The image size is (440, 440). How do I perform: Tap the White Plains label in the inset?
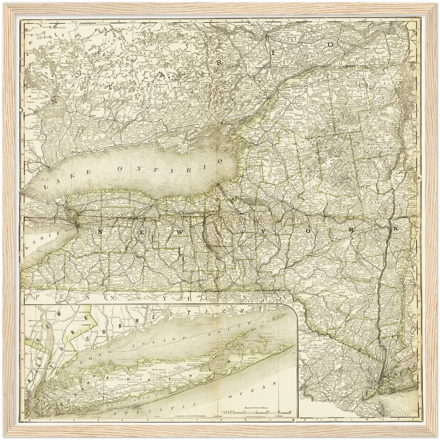coord(70,350)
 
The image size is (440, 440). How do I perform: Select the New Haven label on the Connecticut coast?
coord(156,309)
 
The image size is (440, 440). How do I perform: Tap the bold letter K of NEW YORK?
coord(396,228)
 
